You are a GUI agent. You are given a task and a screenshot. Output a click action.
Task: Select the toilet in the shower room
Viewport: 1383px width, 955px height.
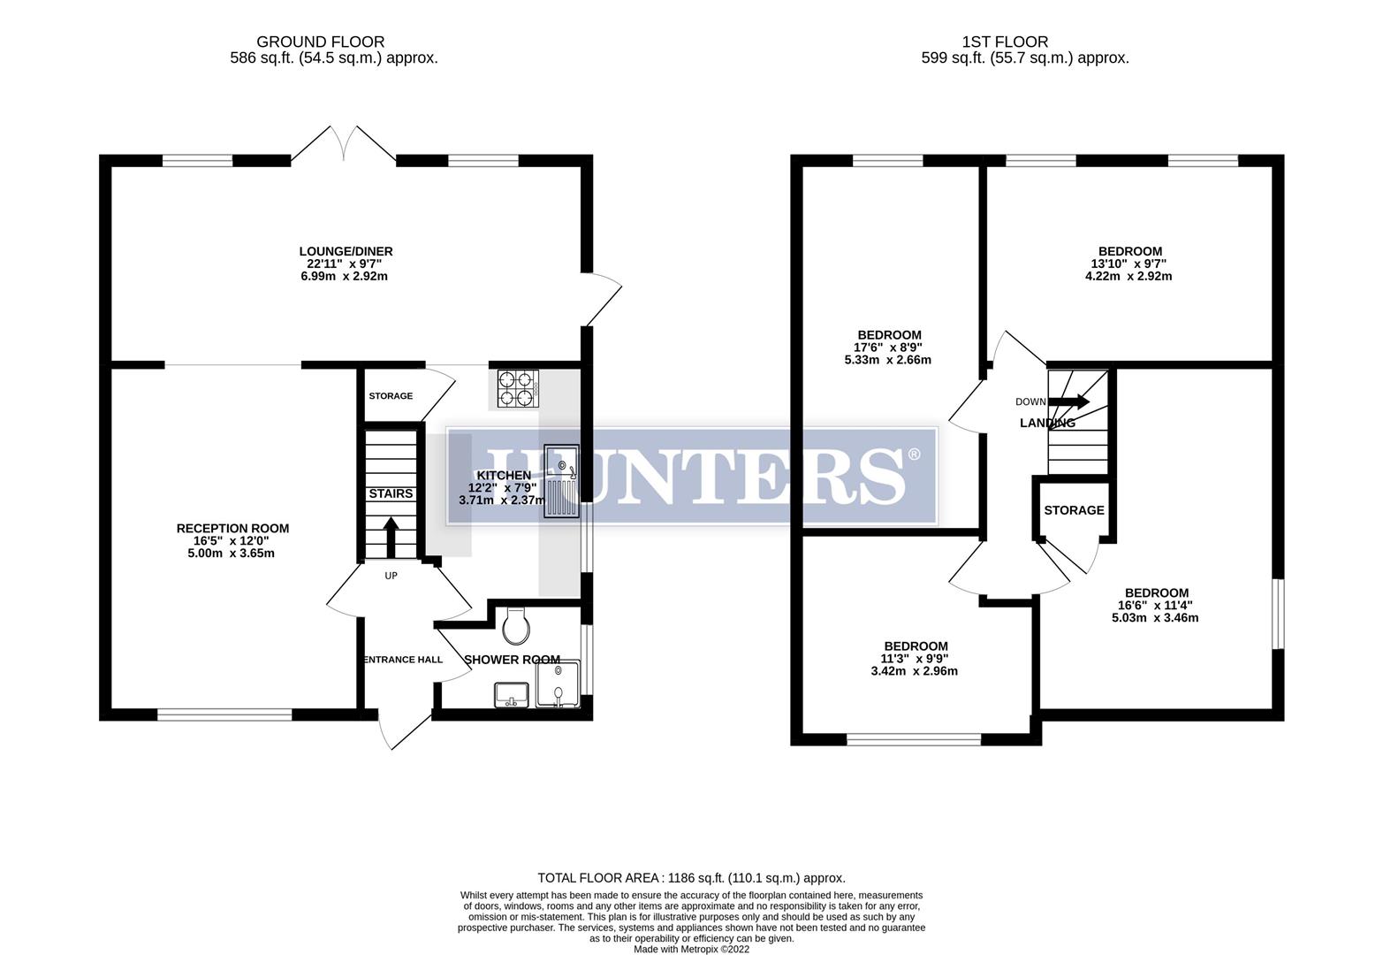514,627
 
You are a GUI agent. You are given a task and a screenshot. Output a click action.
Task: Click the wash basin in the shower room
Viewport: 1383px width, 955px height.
511,695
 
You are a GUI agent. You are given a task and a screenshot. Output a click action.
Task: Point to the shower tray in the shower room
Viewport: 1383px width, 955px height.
557,684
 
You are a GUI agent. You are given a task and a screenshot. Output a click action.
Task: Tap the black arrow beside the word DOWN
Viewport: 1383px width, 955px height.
1069,401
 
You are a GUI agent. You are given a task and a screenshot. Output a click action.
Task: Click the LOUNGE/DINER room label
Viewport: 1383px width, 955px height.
345,251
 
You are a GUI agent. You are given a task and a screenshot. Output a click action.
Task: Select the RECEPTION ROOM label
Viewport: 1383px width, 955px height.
232,529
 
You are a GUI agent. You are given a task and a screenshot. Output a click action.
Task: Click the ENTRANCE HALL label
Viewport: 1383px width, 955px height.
402,660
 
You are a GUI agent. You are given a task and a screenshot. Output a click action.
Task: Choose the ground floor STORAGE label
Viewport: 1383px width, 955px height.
391,396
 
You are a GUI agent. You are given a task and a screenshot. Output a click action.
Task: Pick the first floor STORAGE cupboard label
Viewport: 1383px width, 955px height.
1074,510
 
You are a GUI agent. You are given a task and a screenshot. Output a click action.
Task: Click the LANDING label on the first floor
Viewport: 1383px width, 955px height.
1047,424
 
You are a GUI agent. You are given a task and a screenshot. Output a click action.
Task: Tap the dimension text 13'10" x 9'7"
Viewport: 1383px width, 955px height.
1129,264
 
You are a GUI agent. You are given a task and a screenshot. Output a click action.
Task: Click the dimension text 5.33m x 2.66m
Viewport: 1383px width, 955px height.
888,360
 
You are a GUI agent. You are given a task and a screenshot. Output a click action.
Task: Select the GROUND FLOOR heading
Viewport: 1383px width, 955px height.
320,42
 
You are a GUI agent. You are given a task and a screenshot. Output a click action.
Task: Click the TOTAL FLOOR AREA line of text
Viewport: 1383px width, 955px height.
691,878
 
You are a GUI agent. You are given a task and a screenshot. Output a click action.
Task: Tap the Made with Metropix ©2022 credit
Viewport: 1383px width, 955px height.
691,950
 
